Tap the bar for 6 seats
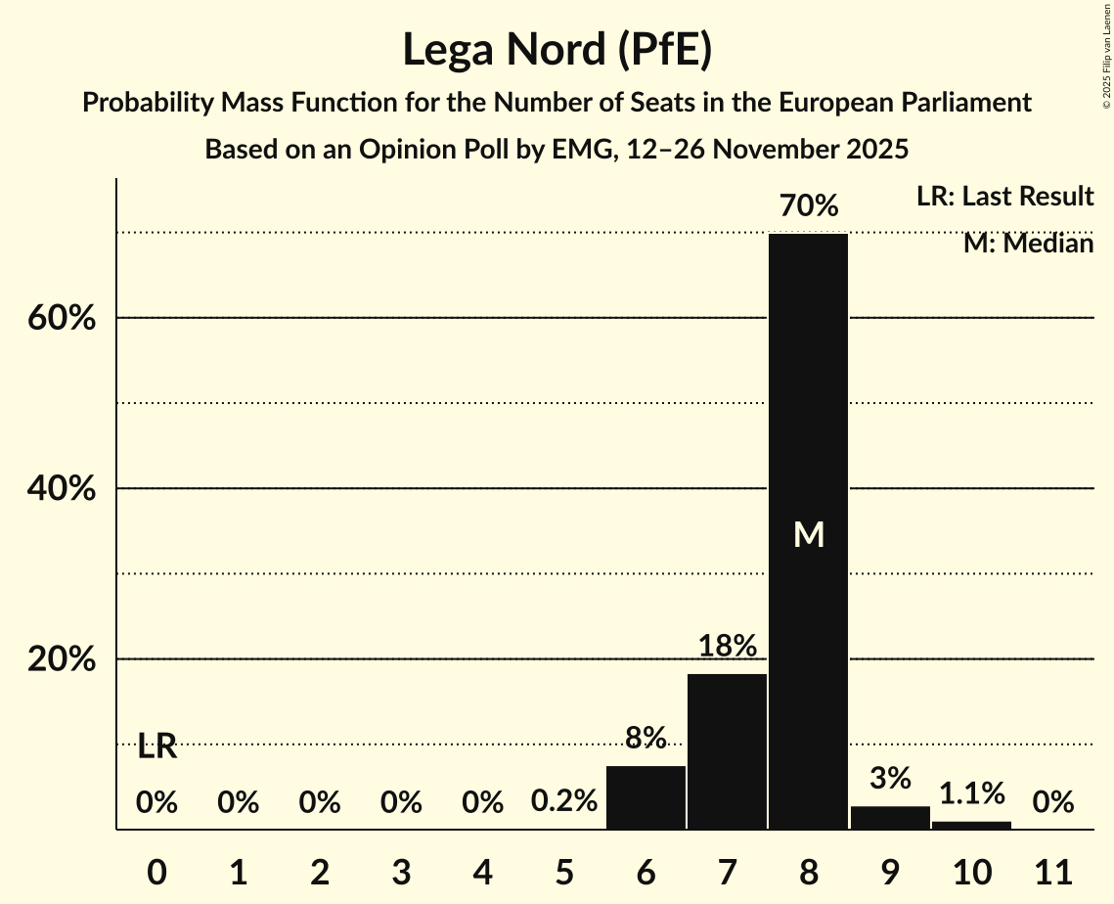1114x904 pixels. pyautogui.click(x=646, y=797)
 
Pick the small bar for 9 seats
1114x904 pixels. pyautogui.click(x=890, y=818)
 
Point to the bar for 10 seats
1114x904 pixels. pyautogui.click(x=971, y=825)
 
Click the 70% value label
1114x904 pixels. pyautogui.click(x=808, y=206)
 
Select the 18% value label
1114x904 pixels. pyautogui.click(x=727, y=646)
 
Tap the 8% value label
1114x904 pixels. pyautogui.click(x=646, y=738)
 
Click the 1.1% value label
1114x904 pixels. pyautogui.click(x=971, y=792)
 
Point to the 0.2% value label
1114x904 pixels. pyautogui.click(x=564, y=802)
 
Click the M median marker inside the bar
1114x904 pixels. pyautogui.click(x=809, y=534)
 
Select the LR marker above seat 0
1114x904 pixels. pyautogui.click(x=156, y=747)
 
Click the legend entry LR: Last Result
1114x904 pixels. pyautogui.click(x=1004, y=197)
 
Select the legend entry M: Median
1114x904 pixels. pyautogui.click(x=1028, y=243)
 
